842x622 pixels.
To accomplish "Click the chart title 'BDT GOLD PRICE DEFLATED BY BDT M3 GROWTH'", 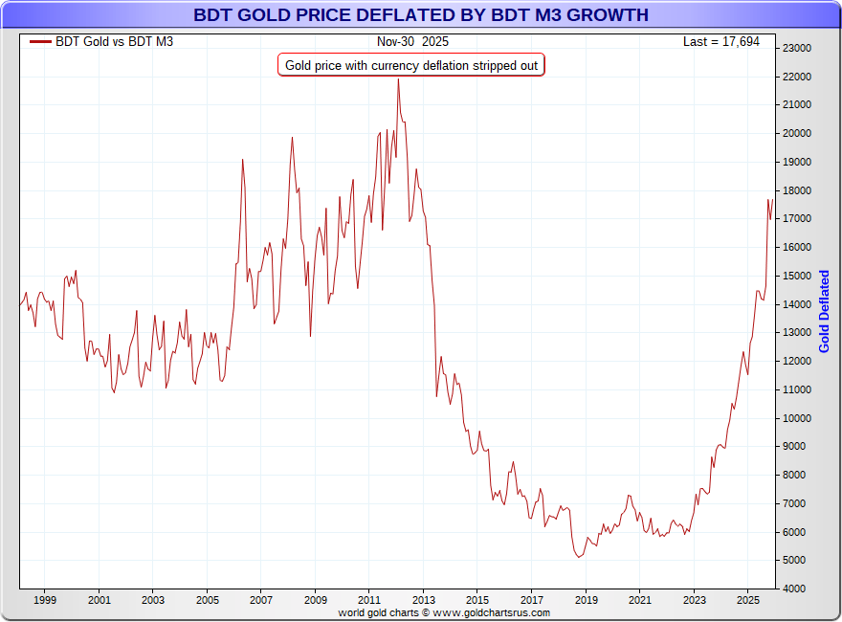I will coord(421,15).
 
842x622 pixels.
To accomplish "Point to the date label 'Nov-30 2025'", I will coord(412,42).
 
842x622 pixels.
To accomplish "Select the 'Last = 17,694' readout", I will coord(720,42).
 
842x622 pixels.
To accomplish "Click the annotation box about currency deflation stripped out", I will coord(411,65).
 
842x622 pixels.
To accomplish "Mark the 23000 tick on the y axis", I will coord(797,48).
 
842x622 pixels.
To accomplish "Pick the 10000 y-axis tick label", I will coord(797,418).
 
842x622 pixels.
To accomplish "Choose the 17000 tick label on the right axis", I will coord(797,219).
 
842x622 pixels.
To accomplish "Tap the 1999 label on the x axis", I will coord(45,600).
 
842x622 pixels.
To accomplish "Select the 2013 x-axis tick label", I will coord(424,600).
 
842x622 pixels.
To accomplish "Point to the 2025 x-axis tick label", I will coord(748,600).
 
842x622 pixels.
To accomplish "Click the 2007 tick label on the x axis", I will coord(261,600).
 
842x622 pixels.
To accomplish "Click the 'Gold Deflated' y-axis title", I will coord(825,311).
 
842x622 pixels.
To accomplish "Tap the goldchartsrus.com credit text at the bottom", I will coord(444,612).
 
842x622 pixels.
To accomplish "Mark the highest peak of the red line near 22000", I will coord(398,78).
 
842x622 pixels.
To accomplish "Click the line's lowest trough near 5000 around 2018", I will coord(578,557).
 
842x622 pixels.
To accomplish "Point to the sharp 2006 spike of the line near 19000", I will coord(242,159).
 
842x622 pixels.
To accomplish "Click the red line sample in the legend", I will coord(40,42).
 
